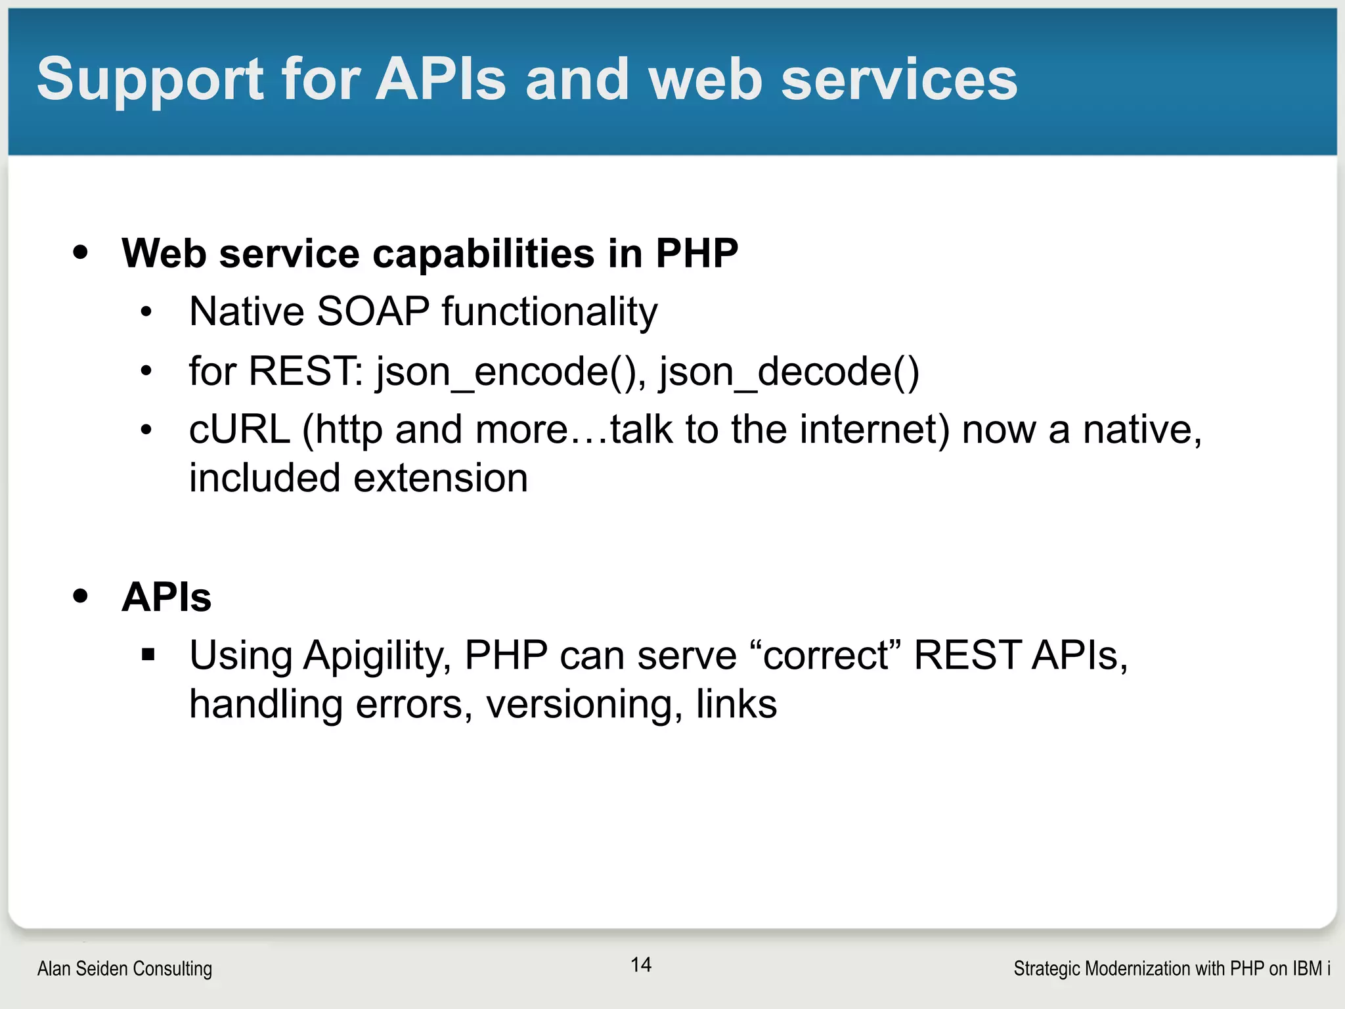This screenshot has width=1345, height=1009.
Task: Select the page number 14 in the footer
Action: click(641, 964)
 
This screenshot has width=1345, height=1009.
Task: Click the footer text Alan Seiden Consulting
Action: click(125, 968)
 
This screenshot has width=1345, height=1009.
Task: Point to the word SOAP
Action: click(373, 311)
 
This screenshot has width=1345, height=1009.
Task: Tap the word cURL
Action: click(240, 430)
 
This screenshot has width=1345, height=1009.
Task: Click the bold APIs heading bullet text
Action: click(167, 597)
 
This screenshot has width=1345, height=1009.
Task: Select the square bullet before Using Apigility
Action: click(148, 654)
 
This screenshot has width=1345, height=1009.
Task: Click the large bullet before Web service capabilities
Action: click(81, 252)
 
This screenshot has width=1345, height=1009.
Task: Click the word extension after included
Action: click(441, 478)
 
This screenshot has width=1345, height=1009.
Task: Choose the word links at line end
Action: click(736, 704)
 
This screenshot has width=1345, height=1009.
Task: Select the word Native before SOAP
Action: click(246, 311)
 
